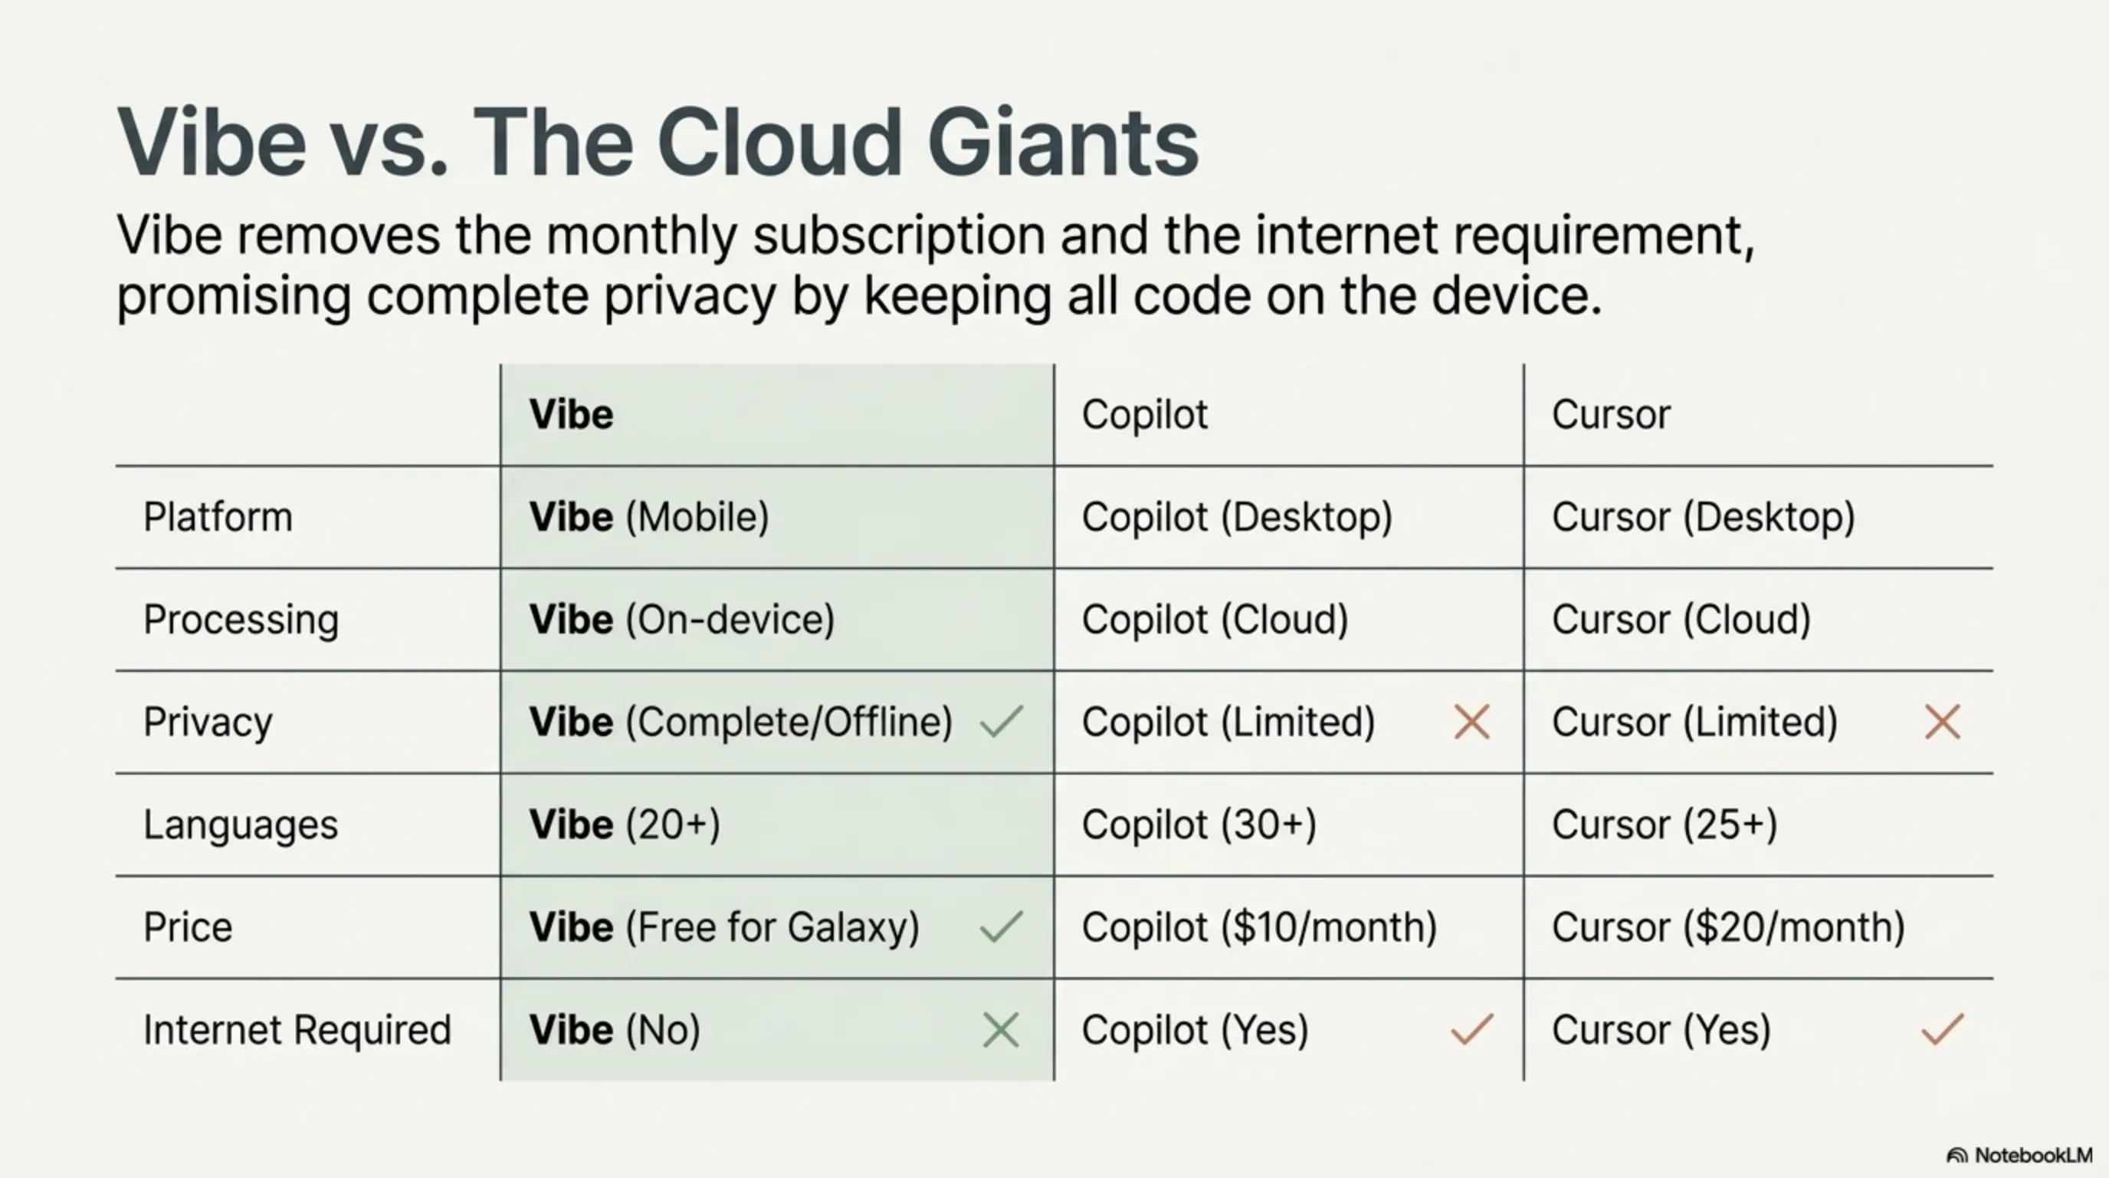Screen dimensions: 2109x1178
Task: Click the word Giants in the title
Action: point(1063,142)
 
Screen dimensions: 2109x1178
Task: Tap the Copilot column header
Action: point(1145,414)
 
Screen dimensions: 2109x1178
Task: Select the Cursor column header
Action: point(1611,414)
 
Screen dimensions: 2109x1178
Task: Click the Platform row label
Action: point(218,517)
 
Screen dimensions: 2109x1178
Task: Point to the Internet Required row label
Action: point(297,1030)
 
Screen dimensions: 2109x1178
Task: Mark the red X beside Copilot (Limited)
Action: point(1471,722)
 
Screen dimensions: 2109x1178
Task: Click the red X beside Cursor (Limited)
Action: point(1942,722)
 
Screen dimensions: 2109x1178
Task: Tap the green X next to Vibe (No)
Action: point(1000,1030)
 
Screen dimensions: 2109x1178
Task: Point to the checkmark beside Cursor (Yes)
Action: point(1942,1030)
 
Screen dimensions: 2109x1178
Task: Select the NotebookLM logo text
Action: point(2033,1155)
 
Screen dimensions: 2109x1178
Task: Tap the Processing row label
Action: point(241,620)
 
